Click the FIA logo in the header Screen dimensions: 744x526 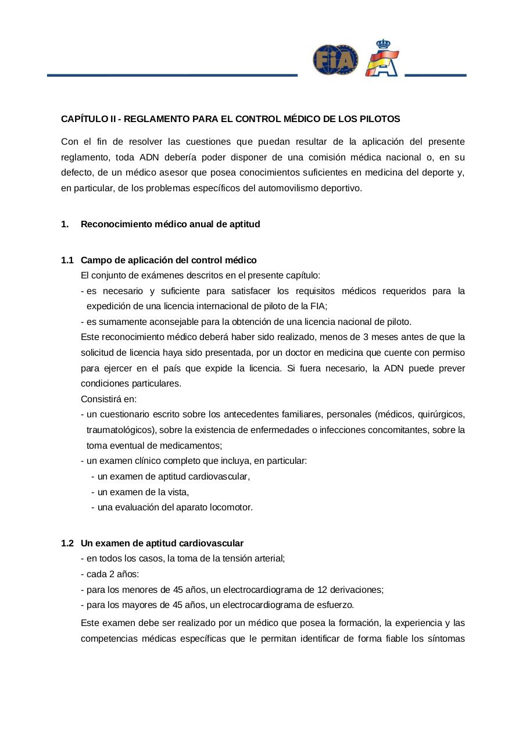pyautogui.click(x=335, y=60)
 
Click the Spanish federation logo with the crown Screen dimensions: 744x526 pyautogui.click(x=382, y=59)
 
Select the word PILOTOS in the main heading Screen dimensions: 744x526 pyautogui.click(x=381, y=119)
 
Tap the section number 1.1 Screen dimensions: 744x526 pyautogui.click(x=67, y=260)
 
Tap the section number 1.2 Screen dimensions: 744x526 pyautogui.click(x=67, y=543)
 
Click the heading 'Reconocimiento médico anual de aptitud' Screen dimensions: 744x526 pyautogui.click(x=170, y=224)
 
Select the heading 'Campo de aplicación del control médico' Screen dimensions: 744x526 pyautogui.click(x=169, y=260)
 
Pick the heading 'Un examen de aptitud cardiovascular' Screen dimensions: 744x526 pyautogui.click(x=162, y=543)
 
